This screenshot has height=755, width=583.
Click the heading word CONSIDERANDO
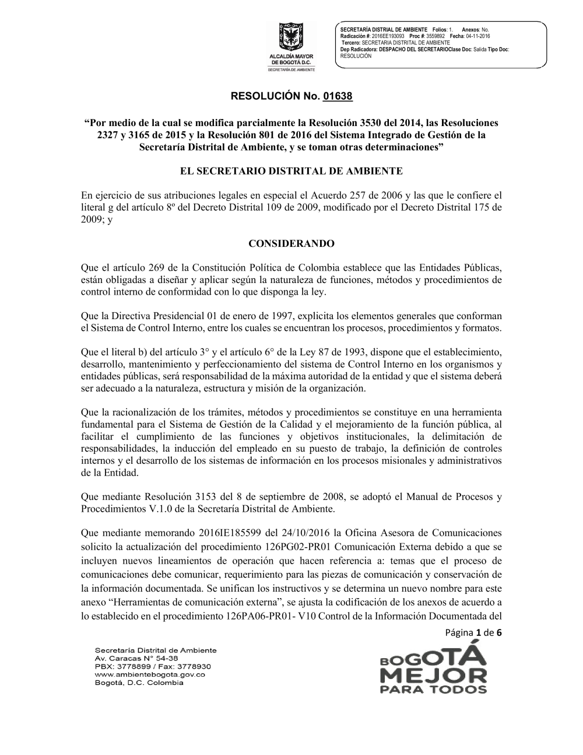291,243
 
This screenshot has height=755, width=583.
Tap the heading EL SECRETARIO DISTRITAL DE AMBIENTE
291,171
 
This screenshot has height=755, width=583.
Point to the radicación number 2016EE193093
388,36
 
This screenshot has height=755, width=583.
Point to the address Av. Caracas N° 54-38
132,658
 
